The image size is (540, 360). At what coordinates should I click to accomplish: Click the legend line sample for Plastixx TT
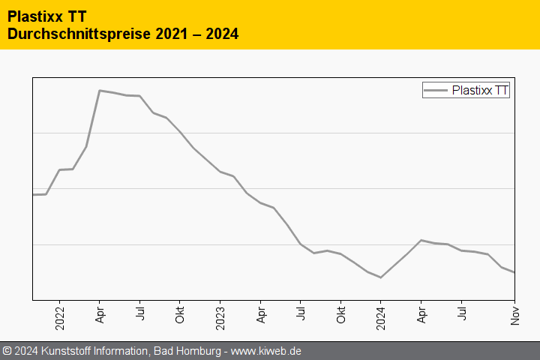coord(436,91)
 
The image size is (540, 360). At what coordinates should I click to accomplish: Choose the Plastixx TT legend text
coord(480,91)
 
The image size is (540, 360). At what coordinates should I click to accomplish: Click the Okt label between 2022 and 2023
coord(180,315)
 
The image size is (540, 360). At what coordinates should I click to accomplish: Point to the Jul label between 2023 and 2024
coord(301,313)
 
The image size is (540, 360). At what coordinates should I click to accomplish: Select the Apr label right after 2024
coord(421,313)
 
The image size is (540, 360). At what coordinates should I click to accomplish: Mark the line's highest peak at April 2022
coord(100,90)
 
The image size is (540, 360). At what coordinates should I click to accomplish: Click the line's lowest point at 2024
coord(381,277)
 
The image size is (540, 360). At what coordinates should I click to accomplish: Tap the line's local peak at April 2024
coord(421,240)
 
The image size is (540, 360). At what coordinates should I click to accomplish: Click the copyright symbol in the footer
coord(7,351)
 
